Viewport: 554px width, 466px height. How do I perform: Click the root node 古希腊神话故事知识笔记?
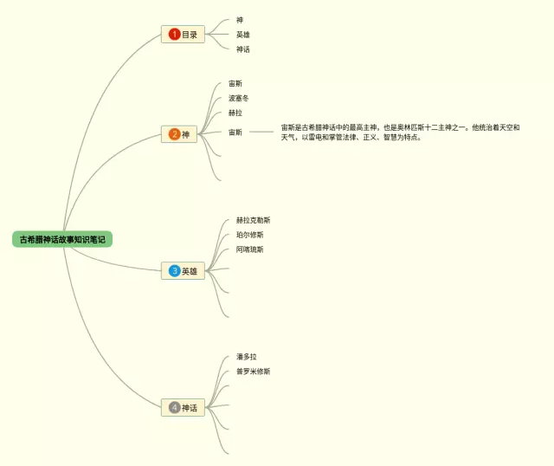(62, 239)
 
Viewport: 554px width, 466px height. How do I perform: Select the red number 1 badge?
(174, 35)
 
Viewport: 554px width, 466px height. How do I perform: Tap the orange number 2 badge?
(174, 134)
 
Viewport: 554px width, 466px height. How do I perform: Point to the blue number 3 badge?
(174, 271)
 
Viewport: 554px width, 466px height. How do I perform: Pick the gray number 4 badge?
(174, 407)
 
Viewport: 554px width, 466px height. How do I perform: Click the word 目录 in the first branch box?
(190, 35)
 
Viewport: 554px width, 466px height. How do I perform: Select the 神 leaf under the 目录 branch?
(240, 20)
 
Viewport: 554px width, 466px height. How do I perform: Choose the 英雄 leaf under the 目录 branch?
(243, 35)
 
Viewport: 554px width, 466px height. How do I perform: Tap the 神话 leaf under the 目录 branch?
(243, 49)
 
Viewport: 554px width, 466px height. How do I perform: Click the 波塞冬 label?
(239, 98)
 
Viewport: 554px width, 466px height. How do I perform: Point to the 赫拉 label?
(235, 113)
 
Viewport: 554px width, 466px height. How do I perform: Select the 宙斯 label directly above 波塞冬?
(235, 83)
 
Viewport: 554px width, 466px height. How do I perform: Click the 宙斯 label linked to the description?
(235, 132)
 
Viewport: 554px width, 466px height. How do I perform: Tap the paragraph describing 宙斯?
(400, 132)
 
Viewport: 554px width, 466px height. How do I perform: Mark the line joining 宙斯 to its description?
(261, 132)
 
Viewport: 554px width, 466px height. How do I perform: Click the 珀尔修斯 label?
(250, 235)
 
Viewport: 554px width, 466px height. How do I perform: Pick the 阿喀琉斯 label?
(250, 249)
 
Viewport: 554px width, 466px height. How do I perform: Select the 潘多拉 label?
(247, 356)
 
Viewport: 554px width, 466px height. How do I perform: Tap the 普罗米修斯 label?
(253, 371)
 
